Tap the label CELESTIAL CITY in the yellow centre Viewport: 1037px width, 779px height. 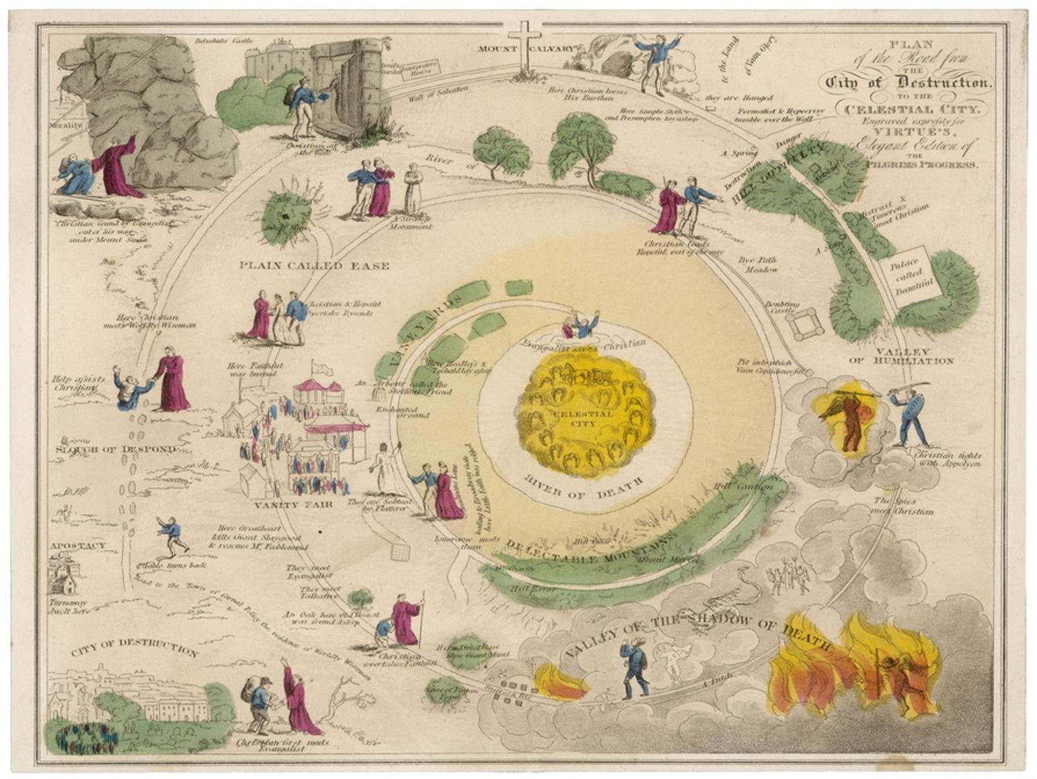tap(583, 419)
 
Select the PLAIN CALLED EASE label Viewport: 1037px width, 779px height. tap(315, 266)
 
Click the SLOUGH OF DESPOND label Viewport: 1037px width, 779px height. tap(115, 449)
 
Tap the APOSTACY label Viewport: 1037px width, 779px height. tap(77, 545)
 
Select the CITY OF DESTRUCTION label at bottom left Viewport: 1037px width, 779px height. tap(135, 648)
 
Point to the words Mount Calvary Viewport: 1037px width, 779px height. tap(525, 48)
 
